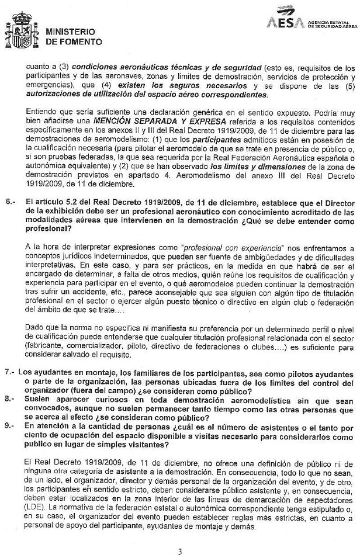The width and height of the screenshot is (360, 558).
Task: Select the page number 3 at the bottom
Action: tap(180, 551)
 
